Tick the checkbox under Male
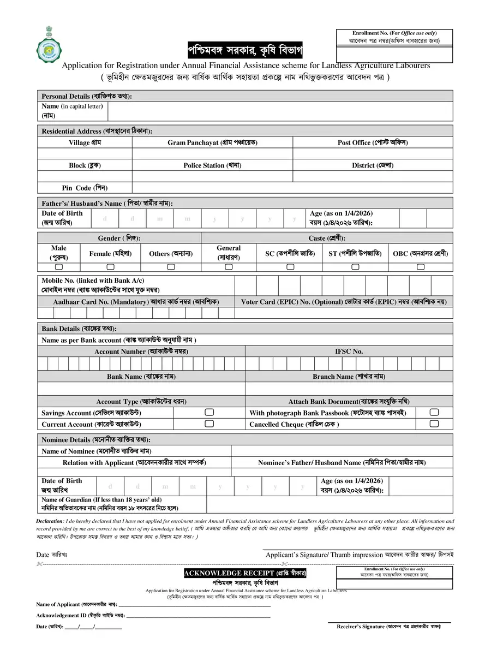(x=58, y=267)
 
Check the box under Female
(x=110, y=267)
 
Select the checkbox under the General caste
(x=229, y=267)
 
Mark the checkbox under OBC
(x=421, y=267)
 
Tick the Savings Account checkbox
(x=209, y=412)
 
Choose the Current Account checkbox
(x=209, y=424)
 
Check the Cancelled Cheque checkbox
(x=434, y=424)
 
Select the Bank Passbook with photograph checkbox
(x=434, y=412)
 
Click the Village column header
(x=85, y=142)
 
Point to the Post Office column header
(x=373, y=142)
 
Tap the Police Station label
(x=212, y=165)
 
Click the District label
(x=373, y=165)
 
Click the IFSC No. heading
(x=349, y=352)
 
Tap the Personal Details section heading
(x=87, y=96)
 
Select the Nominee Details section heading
(x=95, y=439)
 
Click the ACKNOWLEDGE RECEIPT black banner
(x=245, y=573)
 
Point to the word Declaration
(x=50, y=521)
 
